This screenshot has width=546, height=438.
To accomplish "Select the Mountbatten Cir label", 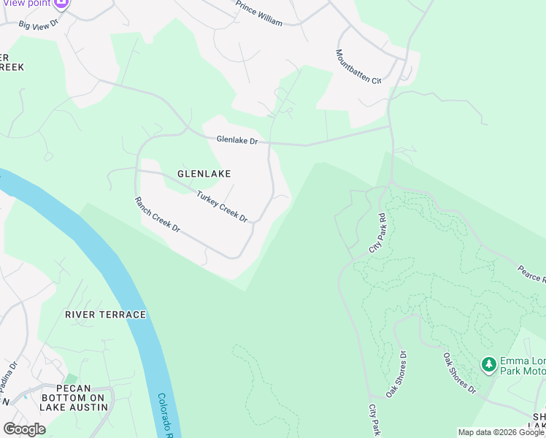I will pos(358,67).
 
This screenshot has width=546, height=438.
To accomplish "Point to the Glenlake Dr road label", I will pos(237,139).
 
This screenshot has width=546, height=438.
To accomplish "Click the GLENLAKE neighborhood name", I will pos(204,174).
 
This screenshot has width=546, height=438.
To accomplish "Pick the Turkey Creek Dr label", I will pos(222,207).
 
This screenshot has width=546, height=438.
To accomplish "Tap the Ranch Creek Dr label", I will pos(158,214).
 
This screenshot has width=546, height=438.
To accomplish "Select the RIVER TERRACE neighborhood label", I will pos(105,315).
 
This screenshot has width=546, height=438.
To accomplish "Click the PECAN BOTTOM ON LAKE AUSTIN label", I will pos(73,397).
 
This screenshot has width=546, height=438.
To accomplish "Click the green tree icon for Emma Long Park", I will pos(488,363).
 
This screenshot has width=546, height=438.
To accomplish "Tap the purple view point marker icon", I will pos(61,3).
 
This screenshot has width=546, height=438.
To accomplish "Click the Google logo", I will pos(24,429).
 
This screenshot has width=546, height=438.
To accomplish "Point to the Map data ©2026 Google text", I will pos(500,432).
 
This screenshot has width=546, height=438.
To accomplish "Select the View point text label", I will pos(26,3).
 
